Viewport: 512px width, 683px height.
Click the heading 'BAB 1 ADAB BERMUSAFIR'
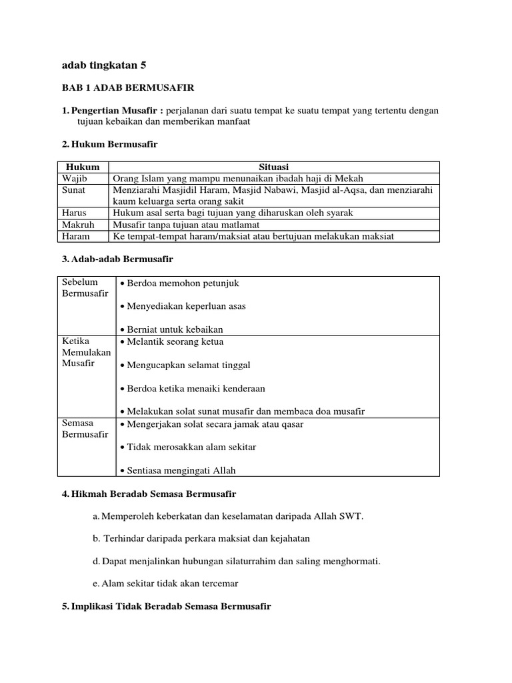127,87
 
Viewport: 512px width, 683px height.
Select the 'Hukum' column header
83,167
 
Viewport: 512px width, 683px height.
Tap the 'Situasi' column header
273,167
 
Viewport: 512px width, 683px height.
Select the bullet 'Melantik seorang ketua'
173,341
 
